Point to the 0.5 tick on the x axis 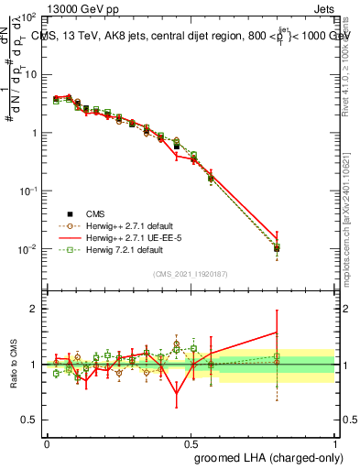pos(191,442)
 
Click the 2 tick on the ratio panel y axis pos(36,309)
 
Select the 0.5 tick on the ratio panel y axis pos(32,420)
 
